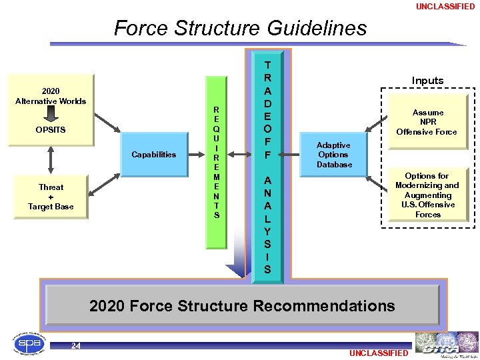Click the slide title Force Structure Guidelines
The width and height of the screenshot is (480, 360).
point(240,29)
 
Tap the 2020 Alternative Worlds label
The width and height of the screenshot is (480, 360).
point(51,96)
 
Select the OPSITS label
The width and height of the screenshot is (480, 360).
point(51,129)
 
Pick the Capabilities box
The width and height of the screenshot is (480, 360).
point(154,155)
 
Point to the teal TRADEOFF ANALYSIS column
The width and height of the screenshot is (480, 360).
point(267,167)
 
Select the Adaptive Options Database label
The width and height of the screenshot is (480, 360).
point(334,155)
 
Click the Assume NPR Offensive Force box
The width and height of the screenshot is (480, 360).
point(427,122)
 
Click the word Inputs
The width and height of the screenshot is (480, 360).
point(427,81)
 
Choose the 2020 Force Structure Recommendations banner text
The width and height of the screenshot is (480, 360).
point(242,306)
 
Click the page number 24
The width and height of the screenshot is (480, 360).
point(76,345)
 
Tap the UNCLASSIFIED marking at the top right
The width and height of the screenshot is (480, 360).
point(445,7)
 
